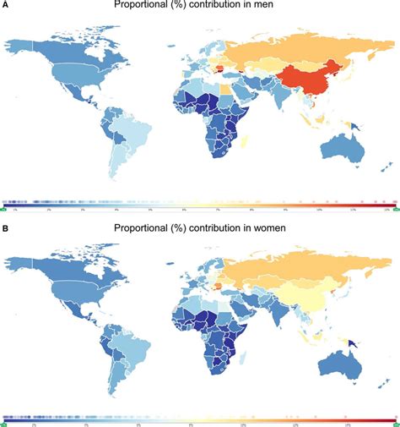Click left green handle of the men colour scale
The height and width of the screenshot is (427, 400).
(5, 207)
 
